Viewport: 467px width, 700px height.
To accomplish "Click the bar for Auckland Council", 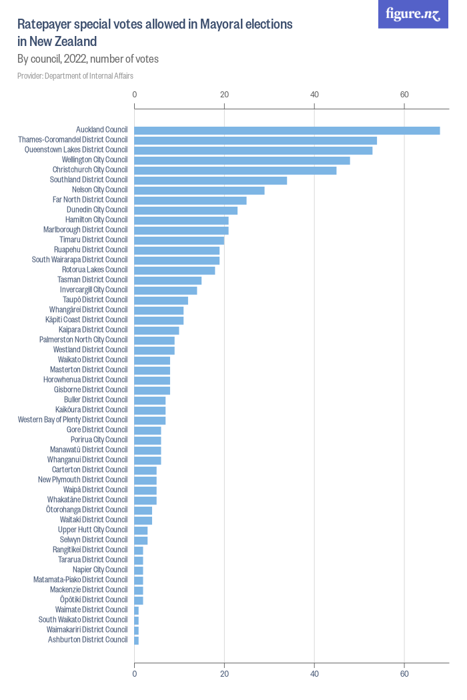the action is [x=287, y=131].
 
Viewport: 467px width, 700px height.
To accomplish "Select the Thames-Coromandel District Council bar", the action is [x=256, y=141].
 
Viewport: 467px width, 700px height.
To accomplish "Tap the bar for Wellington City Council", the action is [x=242, y=160].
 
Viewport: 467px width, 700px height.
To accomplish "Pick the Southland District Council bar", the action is [x=211, y=181].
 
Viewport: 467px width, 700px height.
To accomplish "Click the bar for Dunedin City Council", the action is [x=186, y=210].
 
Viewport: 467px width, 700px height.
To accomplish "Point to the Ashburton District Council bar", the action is [x=136, y=640].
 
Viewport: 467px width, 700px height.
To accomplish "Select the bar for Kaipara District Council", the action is [x=156, y=331].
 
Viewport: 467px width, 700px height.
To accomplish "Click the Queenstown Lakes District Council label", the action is [x=76, y=149].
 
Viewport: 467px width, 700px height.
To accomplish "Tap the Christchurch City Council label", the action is [x=90, y=169].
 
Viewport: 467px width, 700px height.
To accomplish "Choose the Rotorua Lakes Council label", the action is [x=95, y=269].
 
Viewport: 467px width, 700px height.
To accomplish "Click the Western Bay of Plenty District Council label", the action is [x=73, y=419].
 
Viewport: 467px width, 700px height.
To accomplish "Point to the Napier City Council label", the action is [x=100, y=569].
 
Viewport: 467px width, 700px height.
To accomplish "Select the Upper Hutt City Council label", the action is [x=93, y=529].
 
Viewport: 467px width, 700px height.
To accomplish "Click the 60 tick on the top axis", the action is [x=404, y=95].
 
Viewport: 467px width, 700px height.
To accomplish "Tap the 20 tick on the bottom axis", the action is [x=224, y=673].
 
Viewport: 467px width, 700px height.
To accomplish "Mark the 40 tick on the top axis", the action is [x=314, y=95].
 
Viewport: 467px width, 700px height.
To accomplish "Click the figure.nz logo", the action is [x=413, y=14].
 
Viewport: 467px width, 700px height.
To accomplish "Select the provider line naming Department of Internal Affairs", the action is [x=75, y=76].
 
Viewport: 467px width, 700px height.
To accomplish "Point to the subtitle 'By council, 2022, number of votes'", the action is [x=88, y=59].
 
